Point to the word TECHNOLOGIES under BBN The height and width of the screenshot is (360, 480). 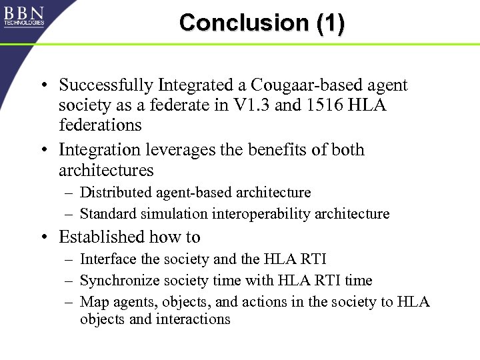coord(24,23)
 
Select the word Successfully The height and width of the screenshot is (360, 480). coord(105,85)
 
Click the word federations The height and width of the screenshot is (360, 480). coord(100,125)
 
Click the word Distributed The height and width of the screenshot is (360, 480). coord(115,193)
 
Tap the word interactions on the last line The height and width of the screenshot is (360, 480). coord(193,319)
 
